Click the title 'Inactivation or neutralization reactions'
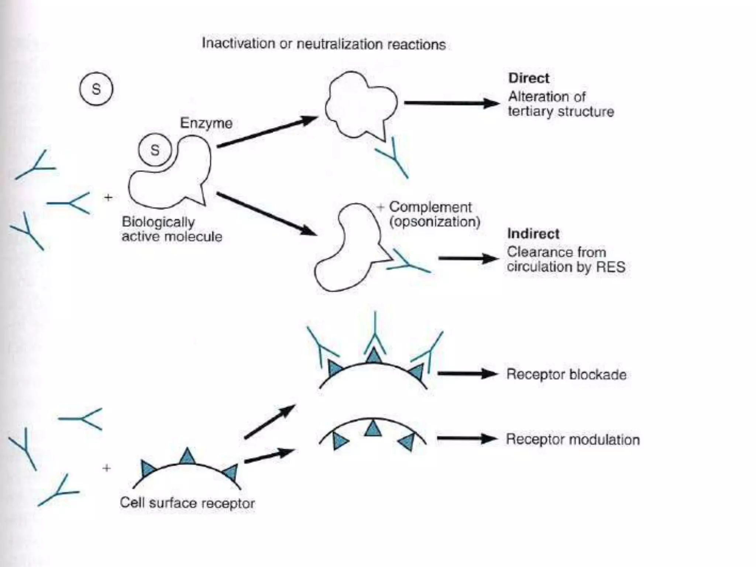tap(324, 44)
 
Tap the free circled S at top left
tap(96, 89)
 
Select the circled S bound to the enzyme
tap(155, 150)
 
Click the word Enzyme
tap(206, 123)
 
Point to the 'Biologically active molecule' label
tap(172, 229)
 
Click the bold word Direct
tap(529, 78)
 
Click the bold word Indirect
tap(533, 234)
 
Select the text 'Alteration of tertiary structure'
tap(560, 104)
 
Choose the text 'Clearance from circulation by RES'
tap(566, 260)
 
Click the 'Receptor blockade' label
tap(566, 374)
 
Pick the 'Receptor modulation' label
tap(573, 440)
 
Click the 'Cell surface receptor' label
tap(187, 503)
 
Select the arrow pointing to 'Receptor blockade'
tap(467, 374)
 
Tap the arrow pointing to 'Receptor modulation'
tap(467, 439)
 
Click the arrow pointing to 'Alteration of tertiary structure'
tap(452, 103)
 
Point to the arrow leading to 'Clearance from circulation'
tap(468, 258)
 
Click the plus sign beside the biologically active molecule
tap(108, 198)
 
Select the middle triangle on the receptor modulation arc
tap(373, 429)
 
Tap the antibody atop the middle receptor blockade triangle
tap(375, 334)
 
